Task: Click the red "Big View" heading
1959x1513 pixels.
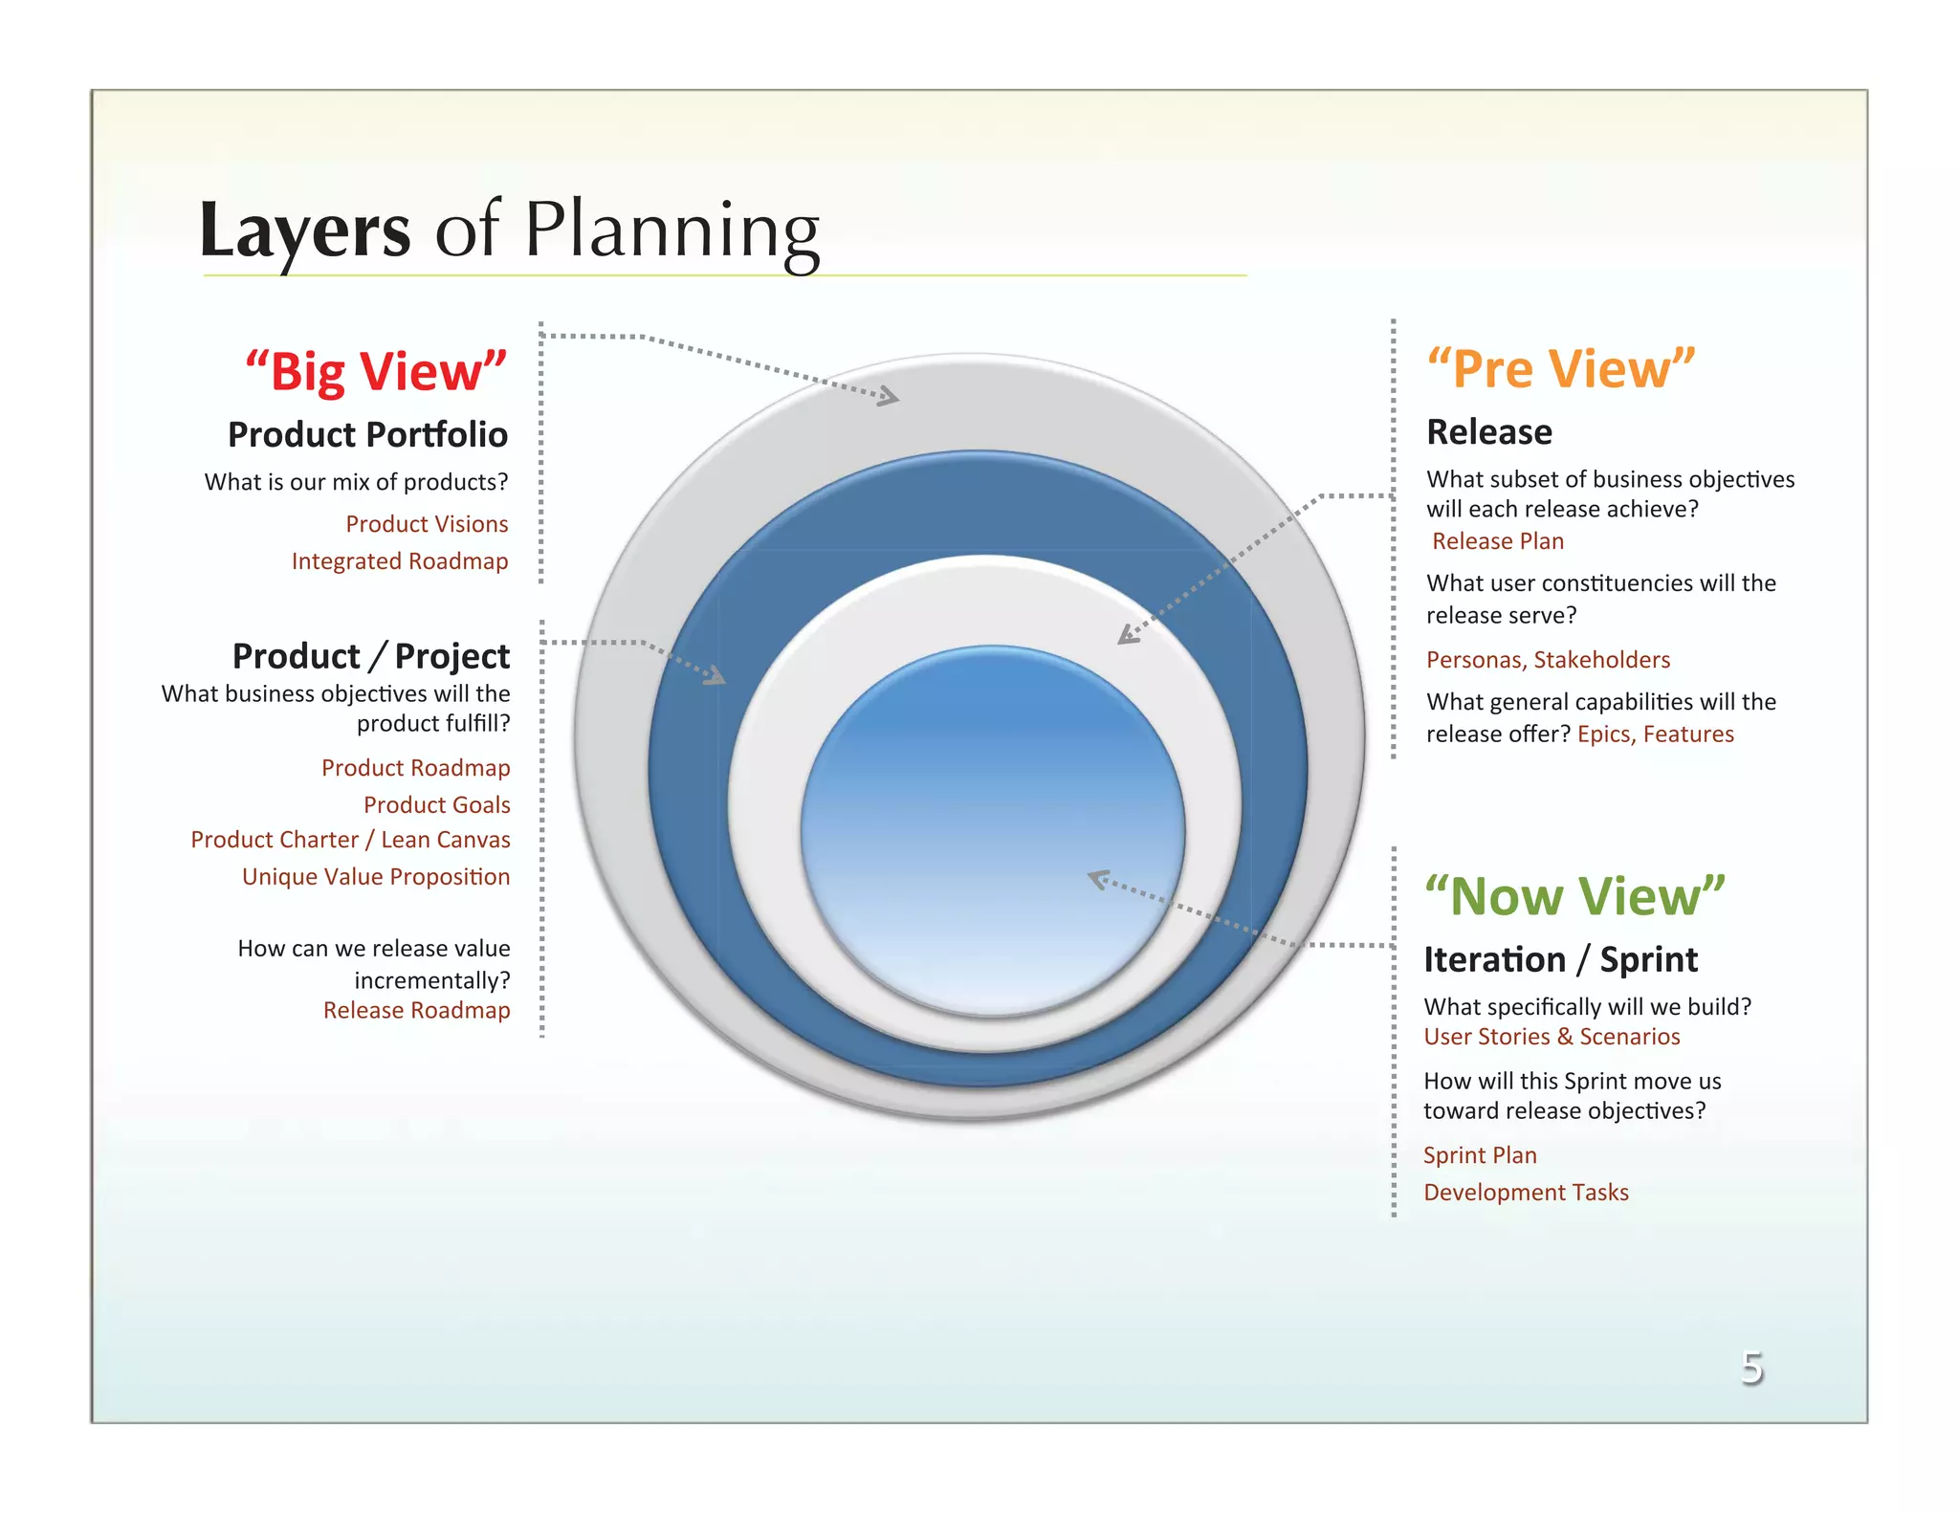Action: [376, 371]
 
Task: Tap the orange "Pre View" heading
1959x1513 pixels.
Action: [1560, 368]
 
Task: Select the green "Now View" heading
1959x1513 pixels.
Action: [1574, 896]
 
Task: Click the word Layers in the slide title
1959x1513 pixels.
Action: [304, 231]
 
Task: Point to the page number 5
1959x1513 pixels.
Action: [1751, 1368]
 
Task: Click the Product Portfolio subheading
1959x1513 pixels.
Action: [367, 434]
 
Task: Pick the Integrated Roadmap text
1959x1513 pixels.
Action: [399, 561]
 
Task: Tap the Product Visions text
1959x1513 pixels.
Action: [427, 524]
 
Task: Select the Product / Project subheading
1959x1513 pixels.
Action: [370, 656]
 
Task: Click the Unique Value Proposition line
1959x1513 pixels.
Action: [375, 877]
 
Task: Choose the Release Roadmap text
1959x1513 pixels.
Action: [416, 1011]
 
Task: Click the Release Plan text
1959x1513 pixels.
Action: [1497, 541]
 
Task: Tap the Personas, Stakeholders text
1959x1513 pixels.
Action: [1547, 660]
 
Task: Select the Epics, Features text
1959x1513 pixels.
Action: [1655, 735]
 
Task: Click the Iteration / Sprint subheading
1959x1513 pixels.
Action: [1560, 959]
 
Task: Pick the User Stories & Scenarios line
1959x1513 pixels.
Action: [1551, 1037]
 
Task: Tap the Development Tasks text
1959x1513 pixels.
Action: [1525, 1193]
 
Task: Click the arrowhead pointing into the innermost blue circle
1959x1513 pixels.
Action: [1099, 879]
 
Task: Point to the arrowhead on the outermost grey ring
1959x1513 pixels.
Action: [890, 396]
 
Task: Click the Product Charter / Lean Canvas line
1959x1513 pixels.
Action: [350, 840]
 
